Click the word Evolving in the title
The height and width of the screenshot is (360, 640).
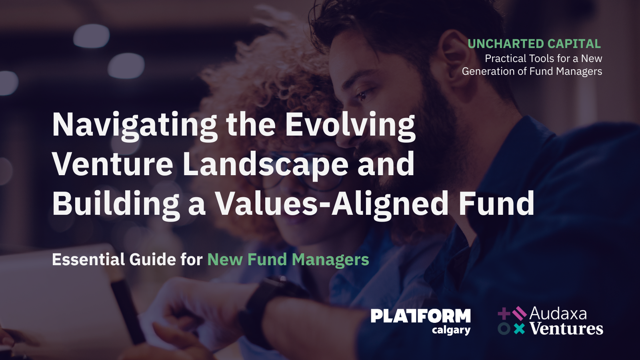[x=350, y=125]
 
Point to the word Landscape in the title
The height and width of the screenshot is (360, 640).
[x=265, y=164]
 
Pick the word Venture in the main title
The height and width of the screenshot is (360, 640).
[x=113, y=164]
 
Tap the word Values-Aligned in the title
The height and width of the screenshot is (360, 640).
[x=332, y=204]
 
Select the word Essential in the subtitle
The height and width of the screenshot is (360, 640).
[x=88, y=259]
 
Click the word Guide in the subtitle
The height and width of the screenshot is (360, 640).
[x=152, y=259]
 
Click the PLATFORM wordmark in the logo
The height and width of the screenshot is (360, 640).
[x=420, y=316]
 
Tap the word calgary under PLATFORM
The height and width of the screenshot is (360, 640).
[x=451, y=330]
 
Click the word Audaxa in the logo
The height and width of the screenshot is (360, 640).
[x=558, y=314]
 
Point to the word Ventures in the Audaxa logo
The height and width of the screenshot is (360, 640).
[x=566, y=329]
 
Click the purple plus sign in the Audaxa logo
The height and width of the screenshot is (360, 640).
[x=504, y=314]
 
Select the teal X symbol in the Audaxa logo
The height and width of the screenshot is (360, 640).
[x=519, y=329]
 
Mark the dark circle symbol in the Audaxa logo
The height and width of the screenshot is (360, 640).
[x=504, y=329]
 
